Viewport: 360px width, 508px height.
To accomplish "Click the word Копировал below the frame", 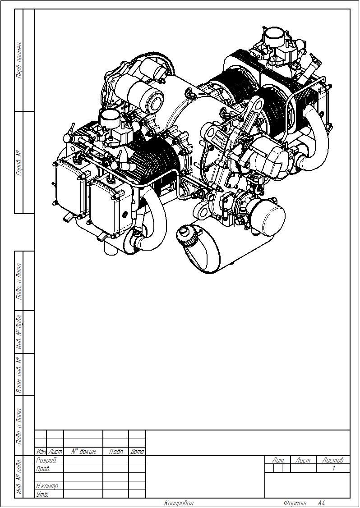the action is [179, 503].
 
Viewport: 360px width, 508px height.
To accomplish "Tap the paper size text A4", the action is [321, 503].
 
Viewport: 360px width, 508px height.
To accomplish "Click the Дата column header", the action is [137, 451].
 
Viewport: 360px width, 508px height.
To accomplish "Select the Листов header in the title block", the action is [332, 460].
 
